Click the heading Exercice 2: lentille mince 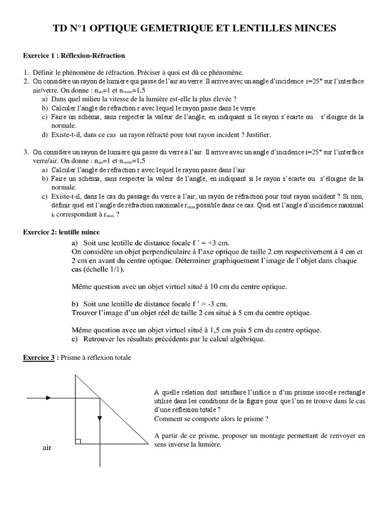pos(65,232)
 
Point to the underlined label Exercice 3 pos(41,358)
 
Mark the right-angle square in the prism pos(78,441)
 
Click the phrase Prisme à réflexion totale pos(96,358)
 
